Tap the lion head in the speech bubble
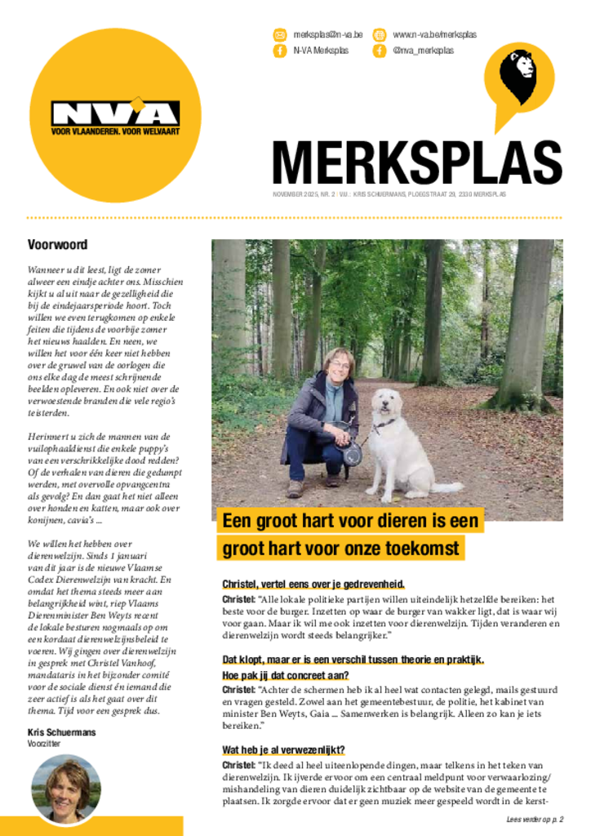coord(518,74)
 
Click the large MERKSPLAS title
coord(416,162)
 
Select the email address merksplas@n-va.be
coord(328,35)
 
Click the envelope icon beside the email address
coord(280,35)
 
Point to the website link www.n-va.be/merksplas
coord(434,35)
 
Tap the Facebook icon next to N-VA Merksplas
coord(280,51)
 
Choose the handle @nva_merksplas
coord(423,51)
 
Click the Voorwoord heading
coord(57,244)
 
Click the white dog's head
coord(384,406)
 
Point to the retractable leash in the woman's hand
coord(352,453)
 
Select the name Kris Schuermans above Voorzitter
coord(61,732)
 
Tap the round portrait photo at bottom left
coord(66,788)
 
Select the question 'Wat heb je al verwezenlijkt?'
coord(283,750)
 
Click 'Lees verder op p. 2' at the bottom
coord(535,819)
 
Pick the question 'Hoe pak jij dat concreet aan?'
coord(286,675)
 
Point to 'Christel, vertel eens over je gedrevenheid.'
coord(313,584)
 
